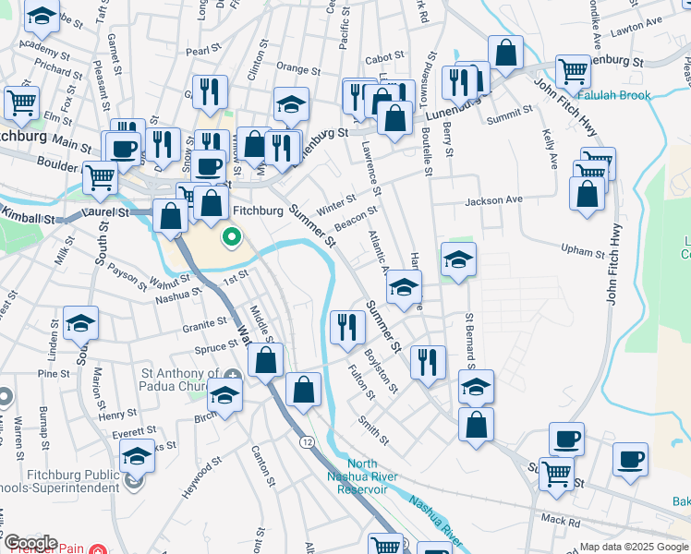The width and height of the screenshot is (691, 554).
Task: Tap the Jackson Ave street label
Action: pyautogui.click(x=493, y=199)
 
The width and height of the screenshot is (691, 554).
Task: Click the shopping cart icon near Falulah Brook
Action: pyautogui.click(x=573, y=70)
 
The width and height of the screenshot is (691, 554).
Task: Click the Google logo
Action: pyautogui.click(x=30, y=543)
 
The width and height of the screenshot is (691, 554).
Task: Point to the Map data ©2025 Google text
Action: pyautogui.click(x=634, y=547)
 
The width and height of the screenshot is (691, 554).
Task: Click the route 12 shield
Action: pyautogui.click(x=306, y=443)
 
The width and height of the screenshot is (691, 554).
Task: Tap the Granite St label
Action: pyautogui.click(x=205, y=323)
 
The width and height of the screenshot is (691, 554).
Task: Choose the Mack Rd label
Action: pyautogui.click(x=561, y=520)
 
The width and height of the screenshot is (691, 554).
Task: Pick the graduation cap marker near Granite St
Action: pyautogui.click(x=81, y=322)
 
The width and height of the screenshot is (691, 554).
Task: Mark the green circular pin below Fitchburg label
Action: pyautogui.click(x=232, y=239)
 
